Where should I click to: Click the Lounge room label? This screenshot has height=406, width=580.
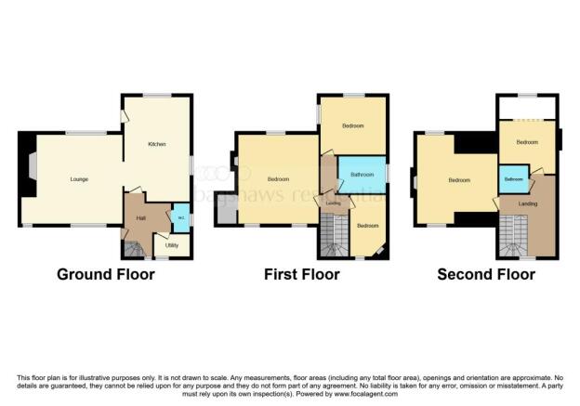coord(78,178)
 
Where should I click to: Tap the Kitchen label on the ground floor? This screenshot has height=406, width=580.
coord(157,145)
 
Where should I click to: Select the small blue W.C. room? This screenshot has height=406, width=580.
coord(180,217)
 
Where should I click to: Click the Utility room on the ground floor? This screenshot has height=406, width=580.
coord(172,244)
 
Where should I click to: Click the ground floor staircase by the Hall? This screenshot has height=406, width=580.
coord(135,248)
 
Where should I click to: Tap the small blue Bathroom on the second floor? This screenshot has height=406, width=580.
coord(513,178)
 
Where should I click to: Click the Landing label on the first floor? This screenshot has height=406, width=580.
coord(332,203)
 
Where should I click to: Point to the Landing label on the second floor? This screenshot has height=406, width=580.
coord(527,203)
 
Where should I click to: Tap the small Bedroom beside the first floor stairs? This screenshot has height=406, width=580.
coord(368,225)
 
